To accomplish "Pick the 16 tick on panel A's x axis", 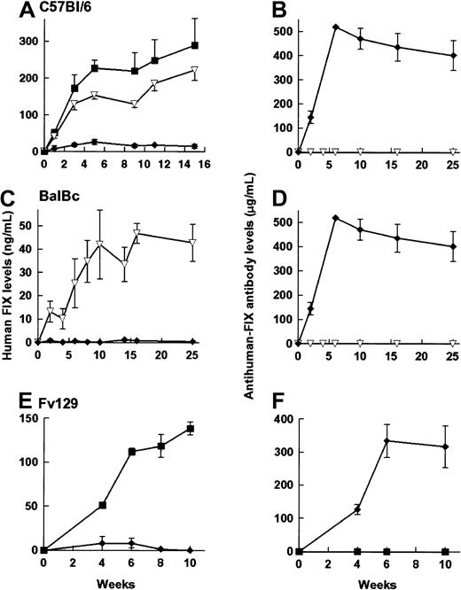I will pos(205,164).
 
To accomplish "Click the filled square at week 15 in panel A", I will pos(195,45).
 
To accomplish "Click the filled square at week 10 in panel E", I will pos(190,429).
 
